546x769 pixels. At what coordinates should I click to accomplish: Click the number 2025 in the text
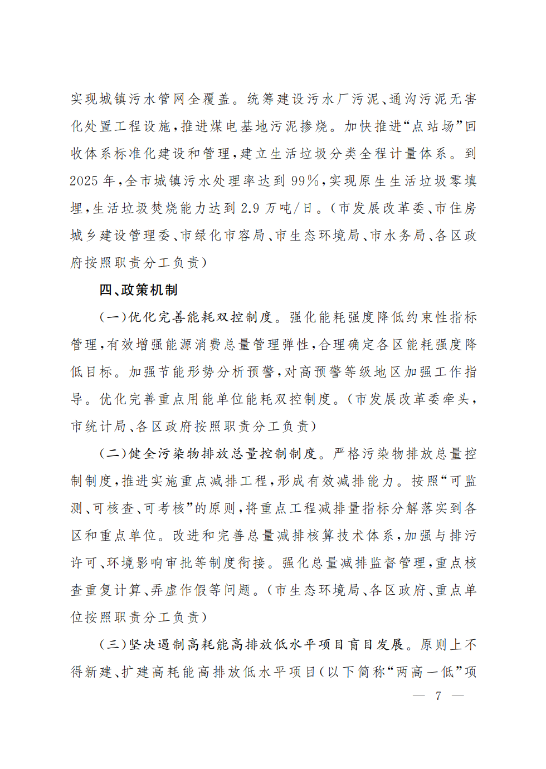click(85, 181)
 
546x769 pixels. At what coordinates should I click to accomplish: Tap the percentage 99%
click(305, 181)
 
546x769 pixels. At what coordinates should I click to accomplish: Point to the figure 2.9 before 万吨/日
click(250, 208)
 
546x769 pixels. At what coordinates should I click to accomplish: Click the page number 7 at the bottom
click(438, 695)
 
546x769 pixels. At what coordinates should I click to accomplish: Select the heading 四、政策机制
click(139, 290)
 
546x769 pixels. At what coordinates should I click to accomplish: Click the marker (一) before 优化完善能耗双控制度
click(113, 317)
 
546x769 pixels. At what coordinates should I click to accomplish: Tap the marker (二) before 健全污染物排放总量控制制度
click(113, 454)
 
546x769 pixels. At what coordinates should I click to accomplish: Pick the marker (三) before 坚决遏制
click(113, 645)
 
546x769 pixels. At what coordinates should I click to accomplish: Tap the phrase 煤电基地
click(240, 126)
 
